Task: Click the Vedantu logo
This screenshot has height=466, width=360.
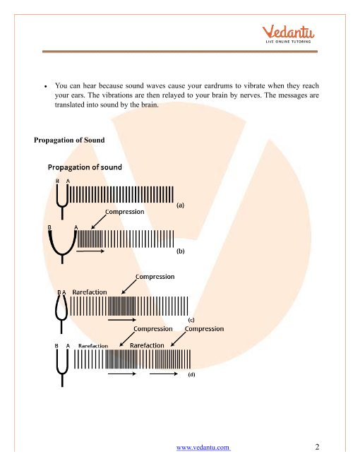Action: click(x=288, y=34)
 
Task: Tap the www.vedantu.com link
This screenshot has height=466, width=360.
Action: click(x=203, y=447)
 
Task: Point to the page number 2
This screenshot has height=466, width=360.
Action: click(x=317, y=447)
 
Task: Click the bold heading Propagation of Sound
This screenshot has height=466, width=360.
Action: click(x=69, y=140)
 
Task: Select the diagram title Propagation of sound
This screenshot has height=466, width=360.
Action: click(x=85, y=167)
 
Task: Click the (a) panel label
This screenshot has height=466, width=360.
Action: click(x=180, y=205)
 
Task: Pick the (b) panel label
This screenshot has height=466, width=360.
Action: click(x=180, y=251)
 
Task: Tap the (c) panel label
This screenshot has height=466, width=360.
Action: click(x=191, y=320)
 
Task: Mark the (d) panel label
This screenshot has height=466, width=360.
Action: click(x=191, y=374)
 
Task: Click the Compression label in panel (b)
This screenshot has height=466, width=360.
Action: click(x=125, y=212)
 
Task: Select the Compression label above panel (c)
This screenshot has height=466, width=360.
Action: click(x=155, y=277)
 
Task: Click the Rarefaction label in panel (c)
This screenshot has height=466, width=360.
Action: click(x=90, y=292)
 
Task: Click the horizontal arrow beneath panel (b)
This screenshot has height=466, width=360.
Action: click(x=90, y=251)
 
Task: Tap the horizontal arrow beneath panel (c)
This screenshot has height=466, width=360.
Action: click(x=122, y=320)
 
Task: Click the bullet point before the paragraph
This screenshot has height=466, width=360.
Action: click(x=45, y=86)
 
